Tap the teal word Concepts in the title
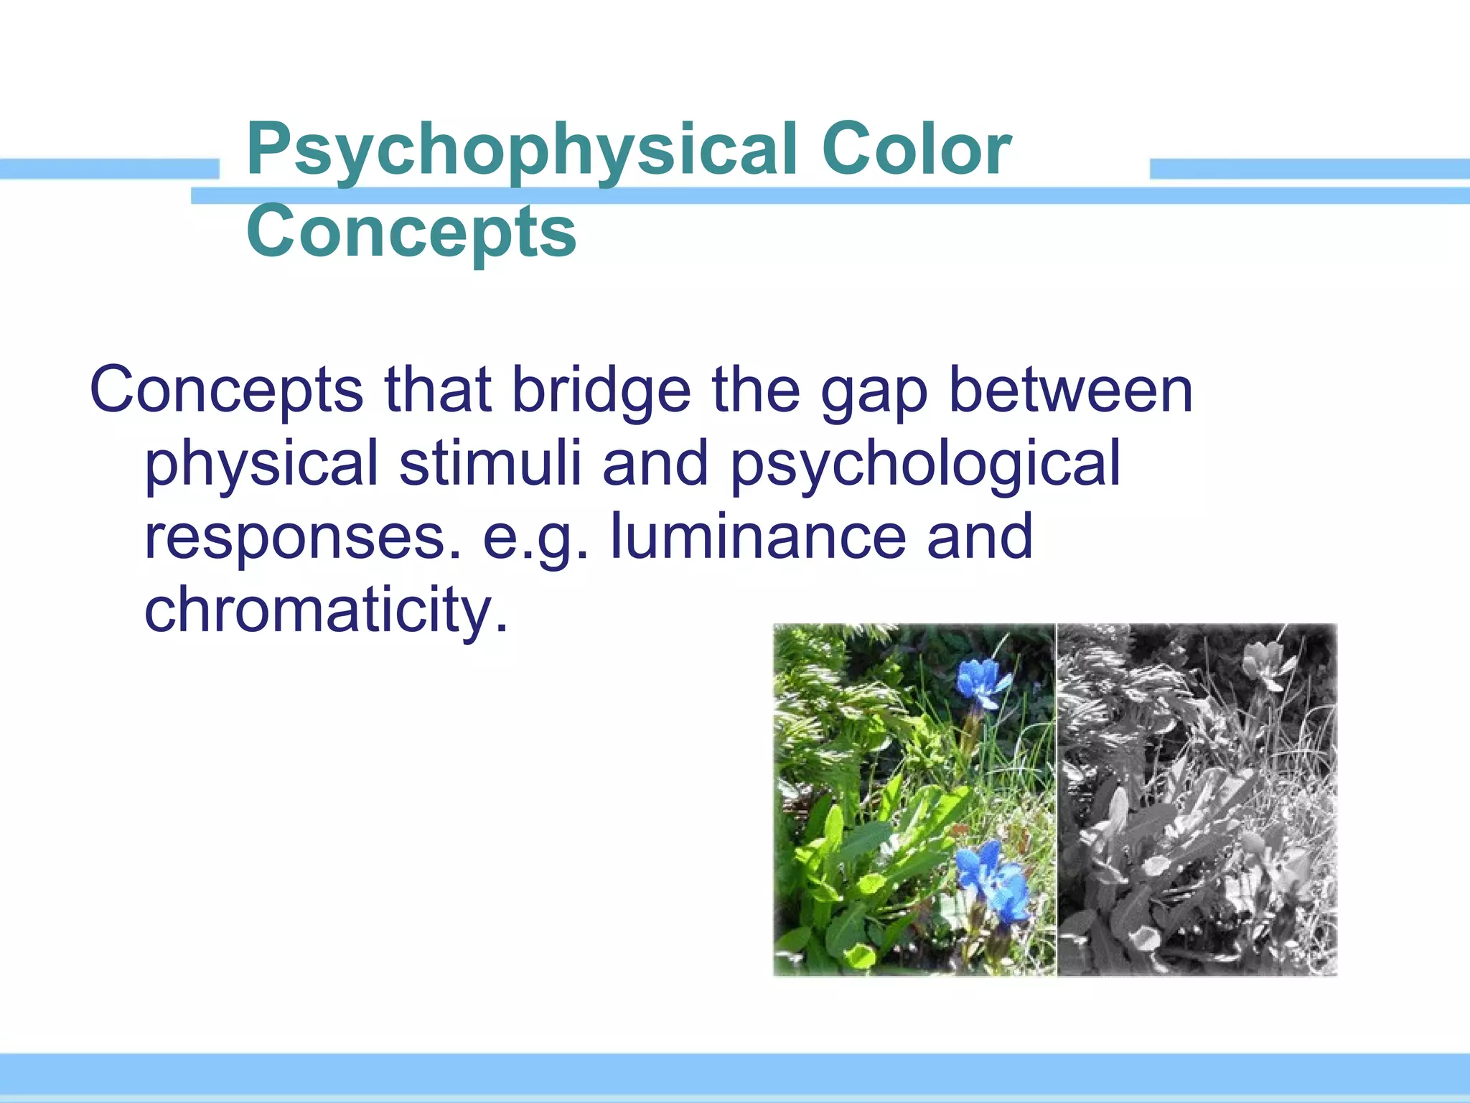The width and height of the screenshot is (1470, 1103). (x=411, y=231)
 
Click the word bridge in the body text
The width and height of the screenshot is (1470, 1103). (x=601, y=391)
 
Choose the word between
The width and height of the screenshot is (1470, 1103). (x=1071, y=391)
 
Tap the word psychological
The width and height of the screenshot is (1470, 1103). (x=925, y=465)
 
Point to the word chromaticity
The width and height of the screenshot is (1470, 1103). (x=326, y=610)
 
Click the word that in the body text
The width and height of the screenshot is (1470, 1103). (x=438, y=391)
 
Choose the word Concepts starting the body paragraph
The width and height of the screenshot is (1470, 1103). (x=227, y=391)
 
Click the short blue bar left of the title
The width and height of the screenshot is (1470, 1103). (x=108, y=169)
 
